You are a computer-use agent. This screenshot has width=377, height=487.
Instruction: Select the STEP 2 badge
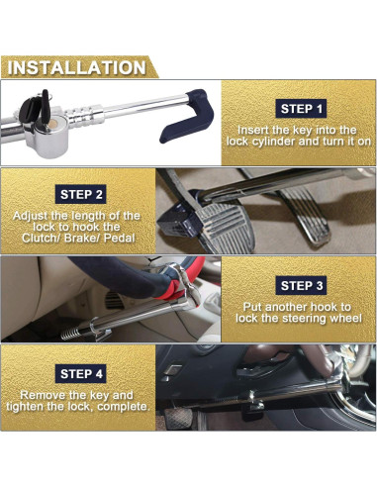click(81, 194)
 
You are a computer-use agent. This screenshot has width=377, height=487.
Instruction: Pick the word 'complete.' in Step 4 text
click(122, 407)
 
